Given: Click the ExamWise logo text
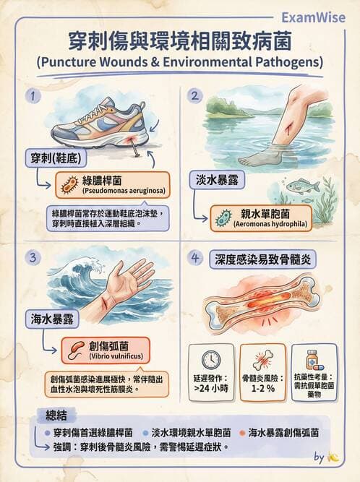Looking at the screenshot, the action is pos(313,17).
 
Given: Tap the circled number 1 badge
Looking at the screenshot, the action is pos(33,96).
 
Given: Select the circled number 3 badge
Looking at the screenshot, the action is pos(33,257).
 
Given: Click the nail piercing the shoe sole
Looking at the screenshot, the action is pos(134,148).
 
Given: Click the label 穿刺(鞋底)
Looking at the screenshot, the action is pos(56,158).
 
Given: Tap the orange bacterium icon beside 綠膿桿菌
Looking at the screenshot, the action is pos(70,185).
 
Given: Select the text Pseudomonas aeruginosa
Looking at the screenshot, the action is pos(124,191).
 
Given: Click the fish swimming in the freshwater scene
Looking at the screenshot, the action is pos(302,186).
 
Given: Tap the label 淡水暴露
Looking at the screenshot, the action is pos(218,180).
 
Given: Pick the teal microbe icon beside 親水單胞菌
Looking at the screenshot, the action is pos(223,218).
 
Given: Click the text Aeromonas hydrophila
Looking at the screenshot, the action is pos(270,224).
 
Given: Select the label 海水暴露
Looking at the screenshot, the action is pos(52,319).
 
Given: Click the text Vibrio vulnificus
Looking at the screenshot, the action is pos(116,356).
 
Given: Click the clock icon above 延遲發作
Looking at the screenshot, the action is pos(211,361).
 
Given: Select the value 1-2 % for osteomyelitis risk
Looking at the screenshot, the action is pos(262,388).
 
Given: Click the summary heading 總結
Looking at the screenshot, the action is pos(56,416).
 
